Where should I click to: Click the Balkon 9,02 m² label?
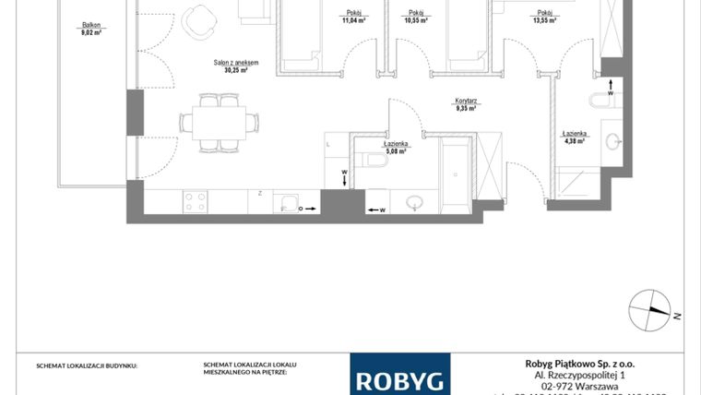(90, 29)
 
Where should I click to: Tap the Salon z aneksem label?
(235, 66)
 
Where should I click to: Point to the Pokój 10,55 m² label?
(414, 16)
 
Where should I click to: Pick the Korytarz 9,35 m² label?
(465, 105)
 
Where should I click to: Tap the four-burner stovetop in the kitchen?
(195, 201)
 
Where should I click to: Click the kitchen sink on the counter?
(290, 204)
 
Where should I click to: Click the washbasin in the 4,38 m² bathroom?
(612, 141)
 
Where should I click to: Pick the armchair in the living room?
(196, 22)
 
